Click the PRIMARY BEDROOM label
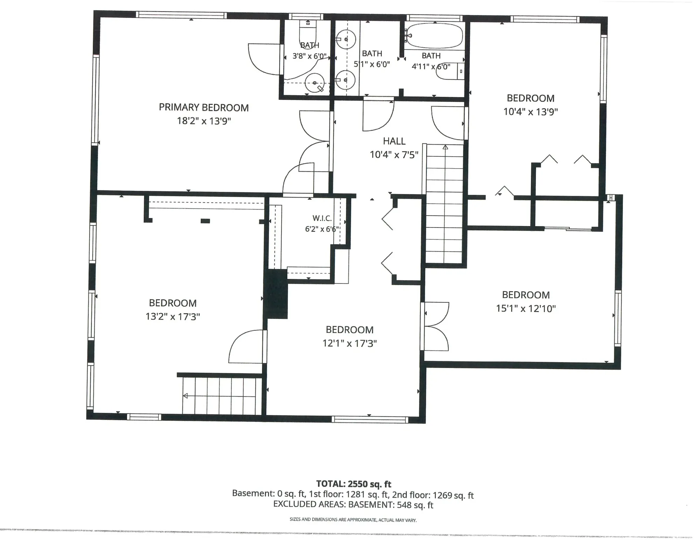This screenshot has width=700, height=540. tap(204, 107)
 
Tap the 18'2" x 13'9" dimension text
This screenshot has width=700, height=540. tap(204, 121)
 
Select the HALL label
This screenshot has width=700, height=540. tap(394, 141)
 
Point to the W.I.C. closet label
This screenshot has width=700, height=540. tap(322, 218)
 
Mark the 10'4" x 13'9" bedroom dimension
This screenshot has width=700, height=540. tap(531, 112)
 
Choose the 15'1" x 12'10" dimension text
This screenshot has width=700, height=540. tap(526, 309)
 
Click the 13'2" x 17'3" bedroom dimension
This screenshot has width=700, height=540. tap(173, 317)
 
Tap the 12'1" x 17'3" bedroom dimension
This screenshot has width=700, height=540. tap(349, 343)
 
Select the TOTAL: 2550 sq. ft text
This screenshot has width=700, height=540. tap(353, 484)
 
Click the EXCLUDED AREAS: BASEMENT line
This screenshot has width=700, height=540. tap(353, 505)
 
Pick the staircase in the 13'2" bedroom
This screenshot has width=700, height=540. tap(222, 396)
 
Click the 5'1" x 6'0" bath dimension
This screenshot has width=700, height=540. tap(372, 64)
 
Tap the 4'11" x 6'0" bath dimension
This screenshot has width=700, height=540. tap(431, 66)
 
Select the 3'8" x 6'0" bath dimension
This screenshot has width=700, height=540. tap(309, 56)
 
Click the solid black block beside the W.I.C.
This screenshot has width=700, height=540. tap(277, 294)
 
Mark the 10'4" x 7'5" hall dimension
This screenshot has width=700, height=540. tap(394, 155)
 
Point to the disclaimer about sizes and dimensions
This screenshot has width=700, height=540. tap(353, 520)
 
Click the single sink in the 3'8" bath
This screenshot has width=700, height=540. tap(315, 83)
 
